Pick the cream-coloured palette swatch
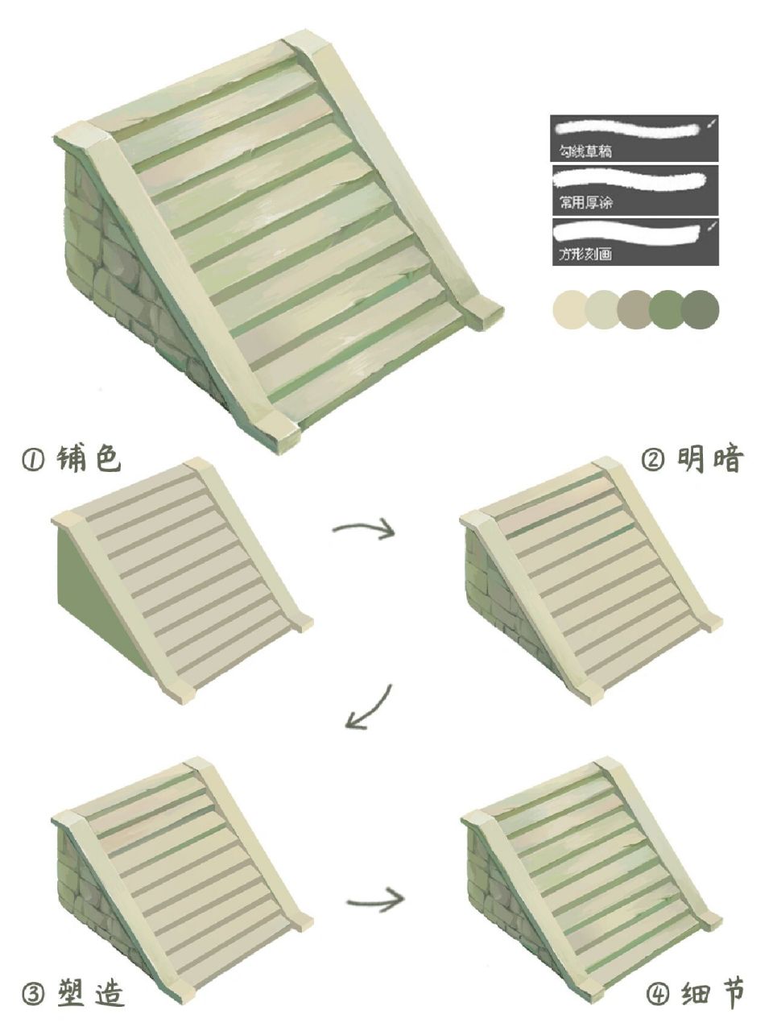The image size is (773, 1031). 571,309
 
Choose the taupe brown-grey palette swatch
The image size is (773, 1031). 635,309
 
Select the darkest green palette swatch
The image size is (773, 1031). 700,309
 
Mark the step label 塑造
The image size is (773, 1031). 90,993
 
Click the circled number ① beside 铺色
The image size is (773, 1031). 32,462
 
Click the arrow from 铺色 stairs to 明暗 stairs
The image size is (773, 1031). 364,529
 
